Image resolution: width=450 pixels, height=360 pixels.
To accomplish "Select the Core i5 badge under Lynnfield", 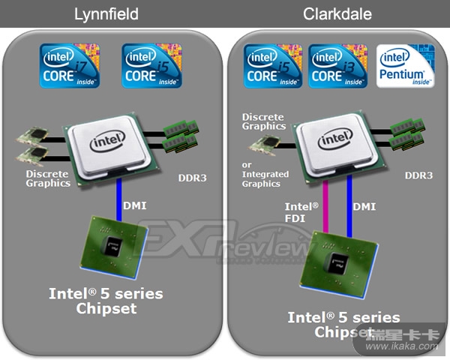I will (x=151, y=65).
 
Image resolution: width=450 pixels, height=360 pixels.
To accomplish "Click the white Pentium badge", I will (x=406, y=65).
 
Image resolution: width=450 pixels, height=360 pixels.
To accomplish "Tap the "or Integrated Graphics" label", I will (x=265, y=175).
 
